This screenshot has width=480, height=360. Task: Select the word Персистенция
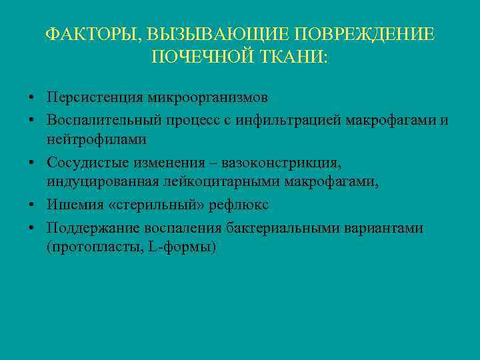[91, 97]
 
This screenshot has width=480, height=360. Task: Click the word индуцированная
[99, 183]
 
